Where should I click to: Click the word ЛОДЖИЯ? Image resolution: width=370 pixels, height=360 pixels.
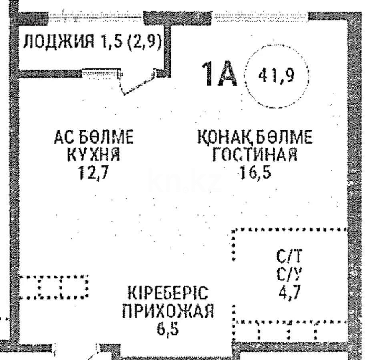[58, 42]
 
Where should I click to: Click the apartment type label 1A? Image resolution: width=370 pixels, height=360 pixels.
[220, 74]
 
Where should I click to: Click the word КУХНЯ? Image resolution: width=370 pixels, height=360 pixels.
[94, 155]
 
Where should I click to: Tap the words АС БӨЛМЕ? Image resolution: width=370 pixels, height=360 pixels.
[94, 138]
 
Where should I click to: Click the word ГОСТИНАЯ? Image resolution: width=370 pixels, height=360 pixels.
[254, 155]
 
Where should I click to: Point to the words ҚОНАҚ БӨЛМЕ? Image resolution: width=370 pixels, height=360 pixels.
[254, 138]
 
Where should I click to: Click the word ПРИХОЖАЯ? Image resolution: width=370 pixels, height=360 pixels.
[168, 311]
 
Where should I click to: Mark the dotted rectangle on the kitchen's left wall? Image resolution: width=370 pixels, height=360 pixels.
[54, 287]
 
